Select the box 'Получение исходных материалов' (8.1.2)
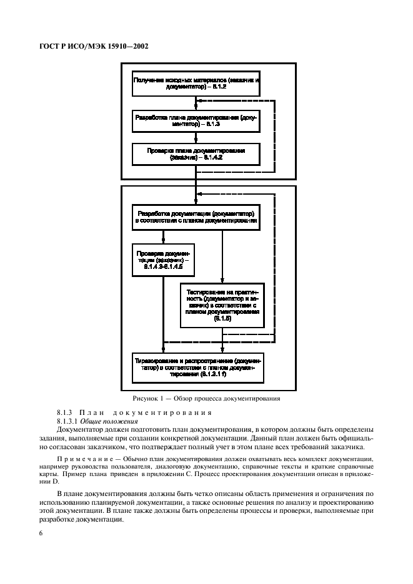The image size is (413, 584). point(196,85)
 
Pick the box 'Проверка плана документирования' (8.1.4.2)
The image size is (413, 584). point(196,154)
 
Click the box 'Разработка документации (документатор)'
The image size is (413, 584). point(196,217)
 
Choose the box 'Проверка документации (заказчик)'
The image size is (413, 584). point(164,261)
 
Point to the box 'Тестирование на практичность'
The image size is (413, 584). point(223,304)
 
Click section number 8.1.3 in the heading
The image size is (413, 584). point(65,413)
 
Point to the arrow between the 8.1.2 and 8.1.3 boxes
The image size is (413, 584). point(196,104)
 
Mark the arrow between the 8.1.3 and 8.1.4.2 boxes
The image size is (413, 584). point(196,138)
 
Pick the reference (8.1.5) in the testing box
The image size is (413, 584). point(223,319)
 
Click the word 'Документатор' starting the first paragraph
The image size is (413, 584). point(81,430)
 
